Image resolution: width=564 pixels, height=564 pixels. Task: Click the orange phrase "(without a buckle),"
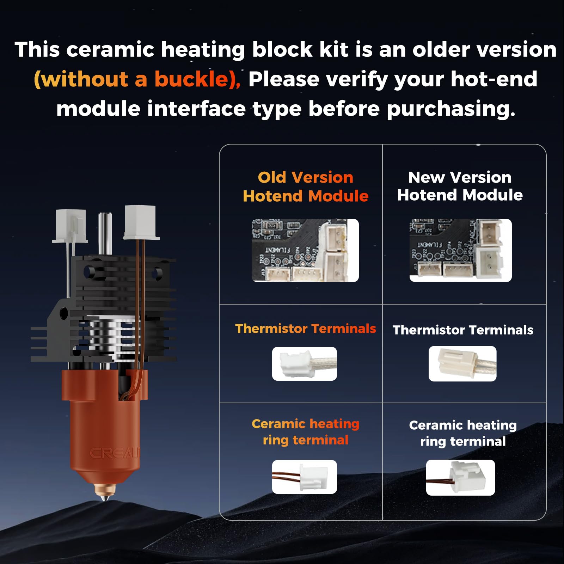[137, 79]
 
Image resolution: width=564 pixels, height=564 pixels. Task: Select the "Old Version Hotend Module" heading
[305, 186]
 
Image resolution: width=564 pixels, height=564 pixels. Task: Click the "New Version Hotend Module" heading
[460, 186]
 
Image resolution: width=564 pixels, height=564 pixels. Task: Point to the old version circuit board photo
[305, 250]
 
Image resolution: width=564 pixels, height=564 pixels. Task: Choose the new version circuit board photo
[460, 250]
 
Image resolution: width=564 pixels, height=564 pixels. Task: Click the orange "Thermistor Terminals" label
[305, 329]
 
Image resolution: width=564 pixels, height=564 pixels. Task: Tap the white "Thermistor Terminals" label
[462, 330]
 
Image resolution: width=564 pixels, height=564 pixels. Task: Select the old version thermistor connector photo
[304, 363]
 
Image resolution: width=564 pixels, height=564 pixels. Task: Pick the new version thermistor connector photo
[462, 363]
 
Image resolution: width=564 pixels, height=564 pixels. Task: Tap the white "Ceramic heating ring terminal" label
[462, 433]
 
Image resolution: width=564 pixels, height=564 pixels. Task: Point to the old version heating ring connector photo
[304, 477]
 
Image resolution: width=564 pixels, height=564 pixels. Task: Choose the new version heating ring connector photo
[460, 477]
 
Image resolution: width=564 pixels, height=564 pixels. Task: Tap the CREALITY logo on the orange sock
[115, 453]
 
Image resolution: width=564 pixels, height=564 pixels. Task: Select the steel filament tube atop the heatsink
[105, 233]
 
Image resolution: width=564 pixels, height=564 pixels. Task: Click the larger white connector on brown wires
[140, 222]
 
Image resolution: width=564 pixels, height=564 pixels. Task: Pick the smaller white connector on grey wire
[70, 226]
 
